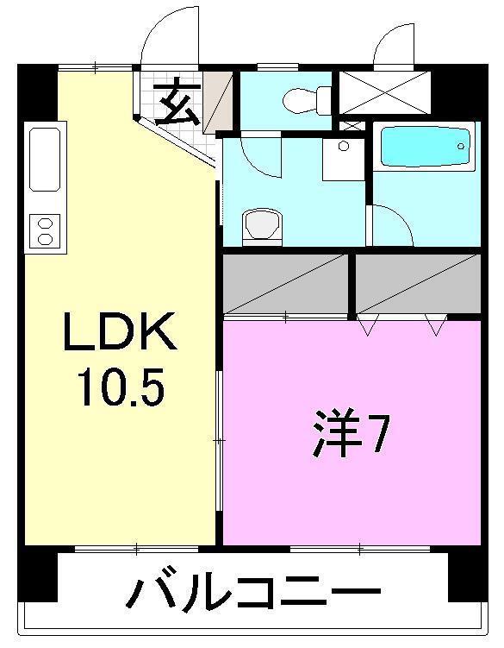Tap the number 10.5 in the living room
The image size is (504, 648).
(120, 388)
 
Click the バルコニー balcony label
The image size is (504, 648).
(254, 595)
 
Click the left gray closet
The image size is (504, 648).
(286, 284)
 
